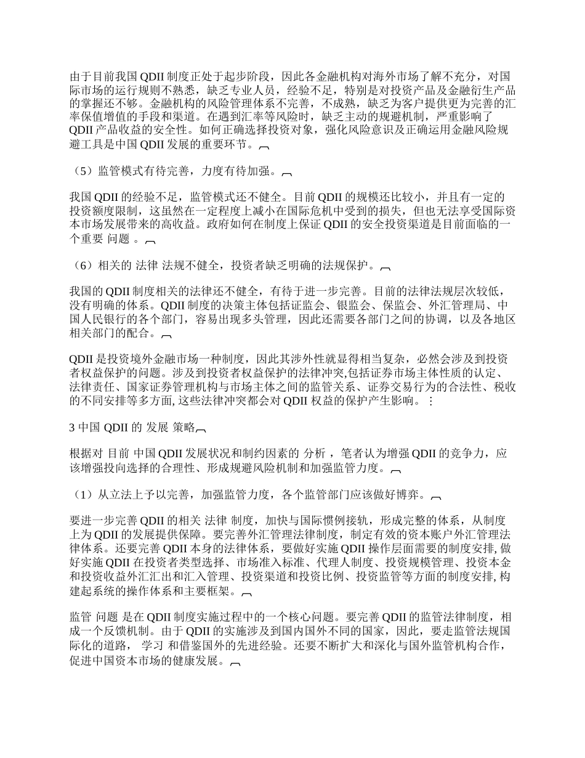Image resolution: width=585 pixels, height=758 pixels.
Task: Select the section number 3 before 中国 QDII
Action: pos(72,427)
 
